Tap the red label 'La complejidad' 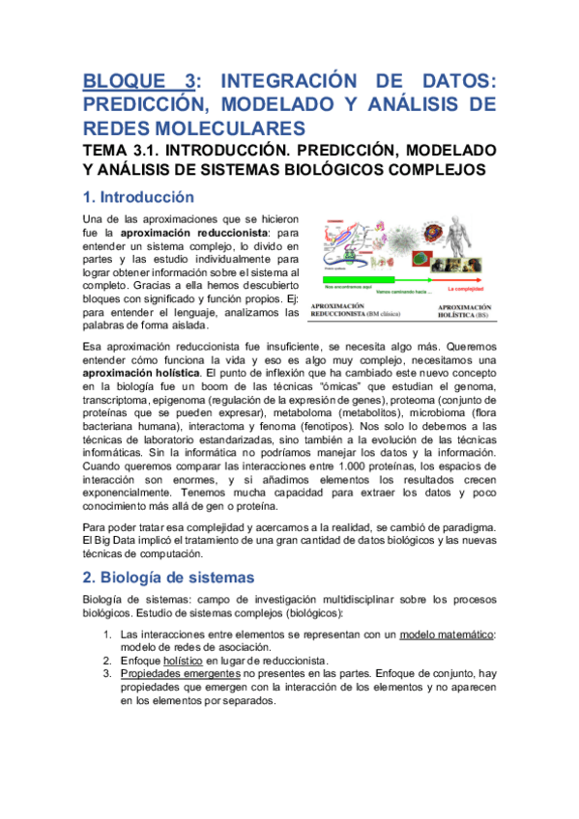[468, 289]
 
